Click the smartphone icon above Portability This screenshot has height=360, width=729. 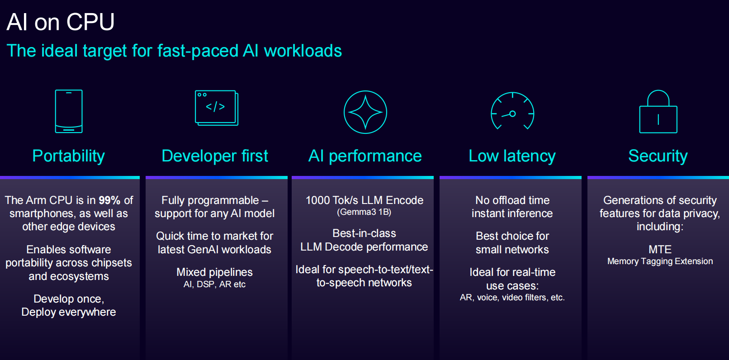point(69,111)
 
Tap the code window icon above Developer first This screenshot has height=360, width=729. point(216,108)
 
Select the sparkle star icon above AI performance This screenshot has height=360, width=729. point(365,112)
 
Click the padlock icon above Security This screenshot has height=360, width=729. point(658,112)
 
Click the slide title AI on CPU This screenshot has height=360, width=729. point(61,22)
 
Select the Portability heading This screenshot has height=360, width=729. point(69,156)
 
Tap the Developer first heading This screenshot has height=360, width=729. point(215,156)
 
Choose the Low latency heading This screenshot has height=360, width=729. point(512,156)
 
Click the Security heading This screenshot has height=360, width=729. point(658,156)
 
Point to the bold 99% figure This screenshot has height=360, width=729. point(109,200)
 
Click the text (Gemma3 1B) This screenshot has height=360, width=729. point(364,212)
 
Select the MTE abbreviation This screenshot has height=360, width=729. point(660,249)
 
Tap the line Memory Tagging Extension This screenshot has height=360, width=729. point(660,261)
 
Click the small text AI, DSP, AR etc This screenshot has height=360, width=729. point(214,284)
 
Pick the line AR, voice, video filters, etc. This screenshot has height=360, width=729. point(512,298)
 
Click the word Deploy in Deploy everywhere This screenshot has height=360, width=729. point(36,312)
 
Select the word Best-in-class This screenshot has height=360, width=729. point(364,233)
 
